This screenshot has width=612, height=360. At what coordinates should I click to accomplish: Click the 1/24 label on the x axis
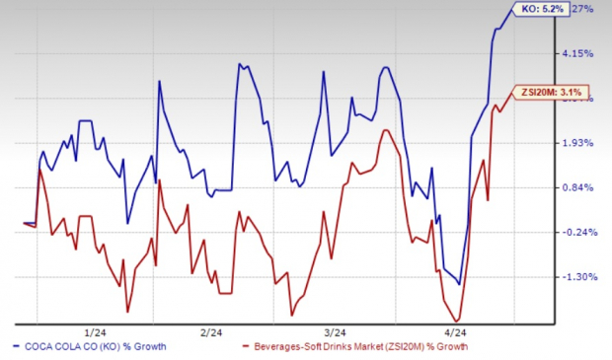(x=97, y=331)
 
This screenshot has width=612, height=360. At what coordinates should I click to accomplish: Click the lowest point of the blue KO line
(x=460, y=284)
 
